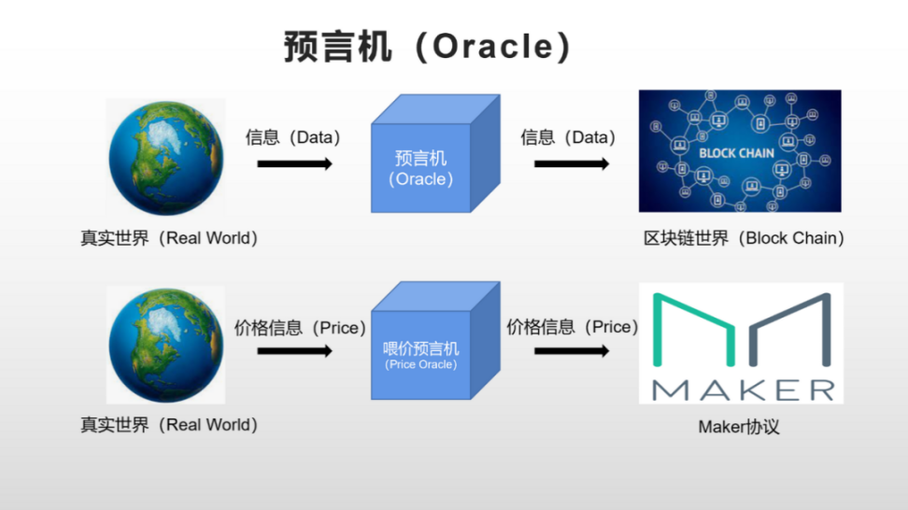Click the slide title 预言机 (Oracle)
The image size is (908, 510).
click(x=427, y=47)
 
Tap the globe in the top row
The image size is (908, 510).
click(x=165, y=157)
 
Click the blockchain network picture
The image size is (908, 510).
click(x=740, y=150)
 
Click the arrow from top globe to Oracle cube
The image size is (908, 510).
click(x=294, y=164)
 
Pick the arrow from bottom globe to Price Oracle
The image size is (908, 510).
click(x=294, y=351)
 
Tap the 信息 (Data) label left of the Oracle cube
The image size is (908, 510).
click(x=293, y=138)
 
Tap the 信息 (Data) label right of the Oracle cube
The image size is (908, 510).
click(x=568, y=138)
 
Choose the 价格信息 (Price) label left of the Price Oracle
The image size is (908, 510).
click(x=300, y=328)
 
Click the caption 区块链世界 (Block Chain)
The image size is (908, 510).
click(x=744, y=238)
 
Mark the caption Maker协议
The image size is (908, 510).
click(x=739, y=427)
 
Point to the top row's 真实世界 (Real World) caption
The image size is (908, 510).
click(x=169, y=238)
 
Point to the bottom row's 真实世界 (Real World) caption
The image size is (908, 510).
click(x=169, y=425)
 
